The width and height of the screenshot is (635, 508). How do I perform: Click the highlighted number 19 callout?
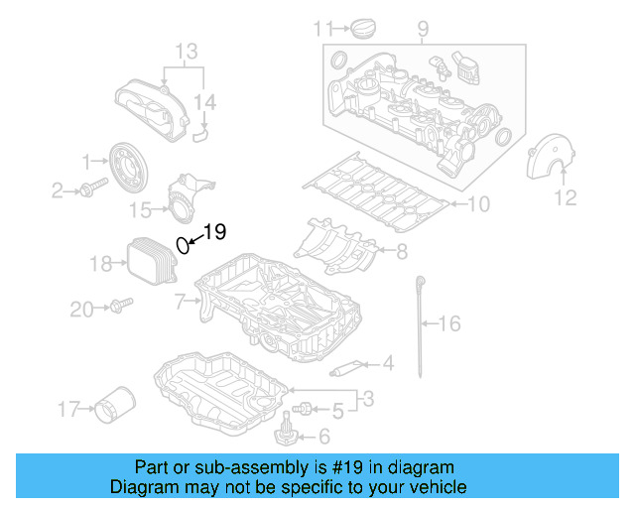215,232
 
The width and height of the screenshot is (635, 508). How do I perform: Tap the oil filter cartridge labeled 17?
112,406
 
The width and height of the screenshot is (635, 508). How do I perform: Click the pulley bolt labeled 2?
90,189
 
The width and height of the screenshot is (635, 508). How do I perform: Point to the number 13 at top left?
187,51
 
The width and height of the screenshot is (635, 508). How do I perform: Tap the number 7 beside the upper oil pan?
180,299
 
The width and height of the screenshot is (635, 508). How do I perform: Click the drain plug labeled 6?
285,434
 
